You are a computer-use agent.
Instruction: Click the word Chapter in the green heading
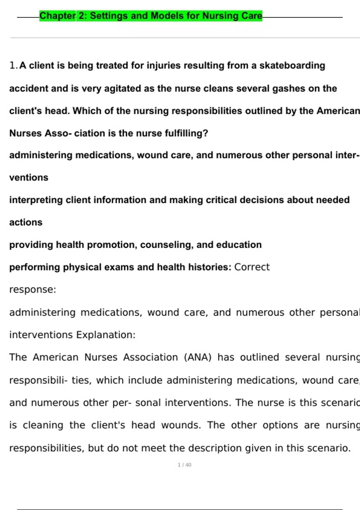[x=58, y=16]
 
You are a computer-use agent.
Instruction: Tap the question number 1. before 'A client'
[x=13, y=65]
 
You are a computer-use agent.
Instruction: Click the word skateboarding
[x=292, y=65]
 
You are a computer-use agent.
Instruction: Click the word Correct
[x=252, y=267]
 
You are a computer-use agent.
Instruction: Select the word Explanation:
[x=106, y=335]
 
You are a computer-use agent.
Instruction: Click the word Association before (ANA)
[x=151, y=357]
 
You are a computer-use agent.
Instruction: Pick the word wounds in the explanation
[x=181, y=425]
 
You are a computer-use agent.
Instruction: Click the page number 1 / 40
[x=184, y=465]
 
